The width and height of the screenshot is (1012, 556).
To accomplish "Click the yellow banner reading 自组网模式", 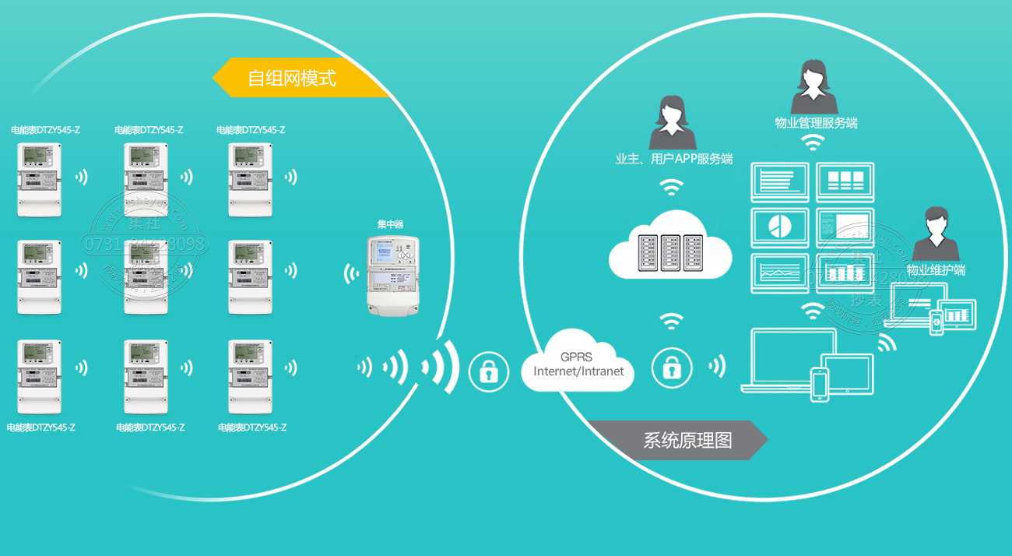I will pyautogui.click(x=300, y=79).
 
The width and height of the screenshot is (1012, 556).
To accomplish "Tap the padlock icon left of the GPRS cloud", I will pyautogui.click(x=488, y=371).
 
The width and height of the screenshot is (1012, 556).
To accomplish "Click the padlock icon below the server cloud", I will pyautogui.click(x=671, y=366).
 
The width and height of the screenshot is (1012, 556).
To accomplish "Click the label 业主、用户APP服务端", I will pyautogui.click(x=673, y=160).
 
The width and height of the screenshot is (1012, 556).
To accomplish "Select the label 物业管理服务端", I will pyautogui.click(x=816, y=123).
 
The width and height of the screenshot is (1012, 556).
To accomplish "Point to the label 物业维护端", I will pyautogui.click(x=936, y=270).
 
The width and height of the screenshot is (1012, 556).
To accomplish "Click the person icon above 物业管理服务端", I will pyautogui.click(x=813, y=86).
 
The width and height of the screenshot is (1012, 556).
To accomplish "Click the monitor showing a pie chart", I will pyautogui.click(x=780, y=226).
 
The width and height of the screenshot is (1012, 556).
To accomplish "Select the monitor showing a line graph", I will pyautogui.click(x=780, y=272).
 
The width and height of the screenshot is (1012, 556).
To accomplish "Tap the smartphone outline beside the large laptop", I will pyautogui.click(x=819, y=383).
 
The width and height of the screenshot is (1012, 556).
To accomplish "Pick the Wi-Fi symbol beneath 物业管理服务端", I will pyautogui.click(x=813, y=142).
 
